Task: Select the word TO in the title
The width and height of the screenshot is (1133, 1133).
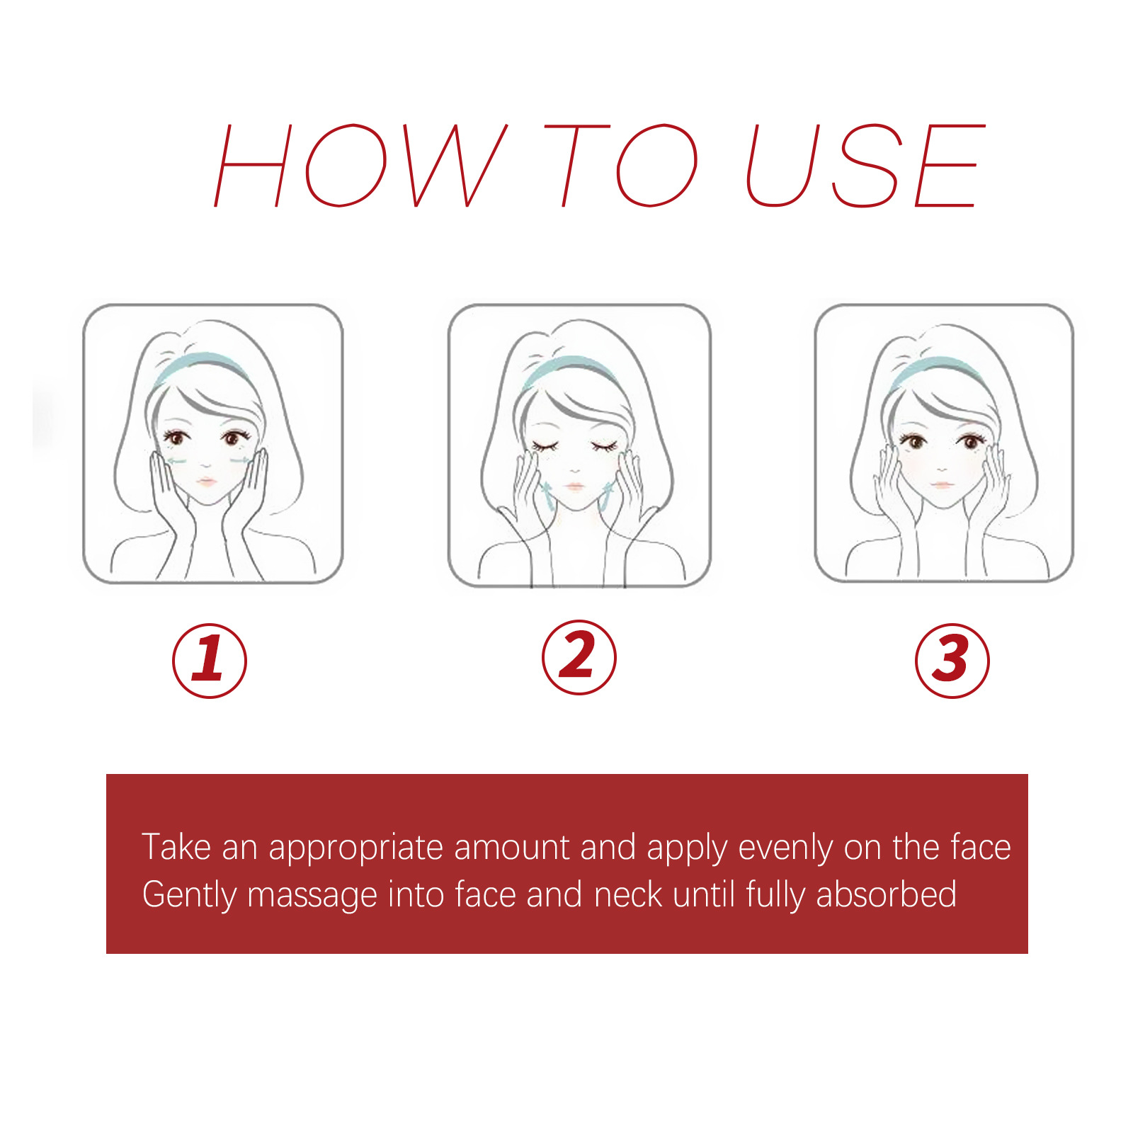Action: pos(620,166)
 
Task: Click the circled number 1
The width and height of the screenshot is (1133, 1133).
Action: pos(210,660)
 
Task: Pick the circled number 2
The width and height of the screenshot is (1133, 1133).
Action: pos(579,657)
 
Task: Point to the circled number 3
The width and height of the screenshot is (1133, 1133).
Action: pos(952,660)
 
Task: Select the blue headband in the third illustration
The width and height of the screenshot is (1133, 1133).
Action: pos(938,366)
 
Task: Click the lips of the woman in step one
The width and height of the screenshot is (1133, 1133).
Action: pos(207,482)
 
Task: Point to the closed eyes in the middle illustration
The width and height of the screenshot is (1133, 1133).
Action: pos(574,446)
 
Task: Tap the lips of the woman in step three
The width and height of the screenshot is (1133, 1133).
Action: pos(941,485)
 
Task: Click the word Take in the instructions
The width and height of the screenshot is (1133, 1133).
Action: pos(176,847)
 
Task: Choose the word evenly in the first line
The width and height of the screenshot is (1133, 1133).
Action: pos(785,848)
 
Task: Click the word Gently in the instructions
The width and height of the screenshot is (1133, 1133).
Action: pos(189,895)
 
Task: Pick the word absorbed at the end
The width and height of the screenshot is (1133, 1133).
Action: pos(886,894)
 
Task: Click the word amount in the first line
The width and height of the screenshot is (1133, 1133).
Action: pos(511,848)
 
